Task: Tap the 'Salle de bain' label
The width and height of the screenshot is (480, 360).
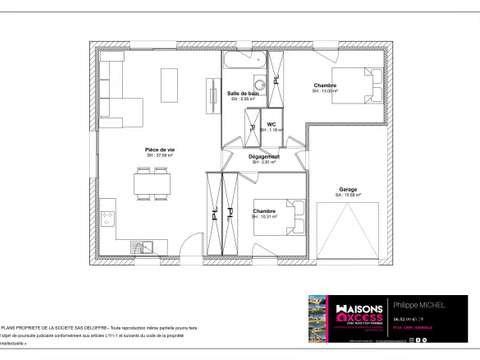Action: [245, 93]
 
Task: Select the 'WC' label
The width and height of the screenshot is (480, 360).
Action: [271, 124]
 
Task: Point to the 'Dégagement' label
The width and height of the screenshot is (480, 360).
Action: [265, 156]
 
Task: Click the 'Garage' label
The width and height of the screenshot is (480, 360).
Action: [347, 189]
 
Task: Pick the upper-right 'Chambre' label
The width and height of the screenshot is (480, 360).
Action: [325, 86]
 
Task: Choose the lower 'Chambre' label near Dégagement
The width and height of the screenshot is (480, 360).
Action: [264, 211]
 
